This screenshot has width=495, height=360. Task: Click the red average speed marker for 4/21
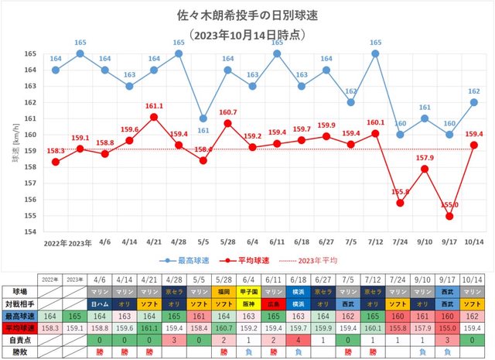click(x=154, y=117)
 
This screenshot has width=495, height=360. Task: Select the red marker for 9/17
click(x=449, y=216)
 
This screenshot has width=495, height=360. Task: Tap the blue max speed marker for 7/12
click(x=375, y=53)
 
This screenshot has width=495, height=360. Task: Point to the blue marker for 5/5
click(x=203, y=118)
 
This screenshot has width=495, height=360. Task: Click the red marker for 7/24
click(x=400, y=203)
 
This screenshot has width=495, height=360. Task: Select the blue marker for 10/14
click(x=473, y=102)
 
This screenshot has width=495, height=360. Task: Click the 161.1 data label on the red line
click(x=154, y=106)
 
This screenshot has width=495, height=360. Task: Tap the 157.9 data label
click(x=425, y=158)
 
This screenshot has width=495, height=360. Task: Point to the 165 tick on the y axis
click(x=29, y=53)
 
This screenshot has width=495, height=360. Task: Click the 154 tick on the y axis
click(x=29, y=232)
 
